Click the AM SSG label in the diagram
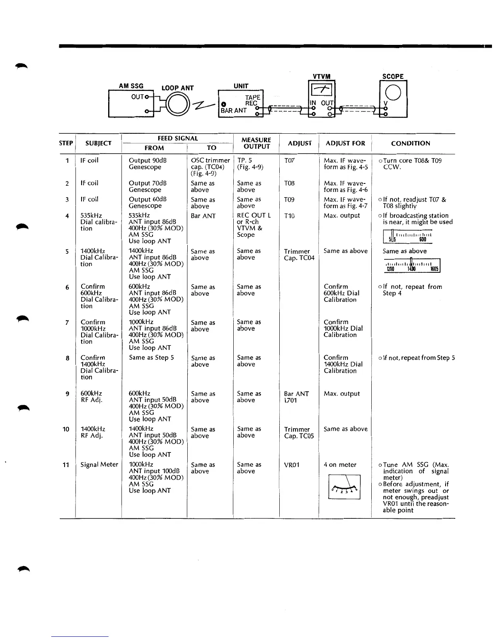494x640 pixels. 131,86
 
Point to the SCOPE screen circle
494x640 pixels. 393,93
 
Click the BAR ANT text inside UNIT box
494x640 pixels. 233,111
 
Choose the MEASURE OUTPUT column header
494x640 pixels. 256,143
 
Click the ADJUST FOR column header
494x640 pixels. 345,143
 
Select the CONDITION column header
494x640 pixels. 410,143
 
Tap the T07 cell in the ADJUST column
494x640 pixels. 289,161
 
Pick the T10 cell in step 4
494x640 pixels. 289,216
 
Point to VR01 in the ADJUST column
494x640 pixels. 292,465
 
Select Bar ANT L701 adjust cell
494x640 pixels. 296,397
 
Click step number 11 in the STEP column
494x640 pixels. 66,465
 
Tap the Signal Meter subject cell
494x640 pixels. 99,465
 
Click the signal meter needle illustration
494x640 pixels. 344,487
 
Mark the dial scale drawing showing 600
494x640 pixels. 408,236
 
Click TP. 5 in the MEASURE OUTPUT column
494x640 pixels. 245,161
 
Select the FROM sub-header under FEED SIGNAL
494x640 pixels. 154,148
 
